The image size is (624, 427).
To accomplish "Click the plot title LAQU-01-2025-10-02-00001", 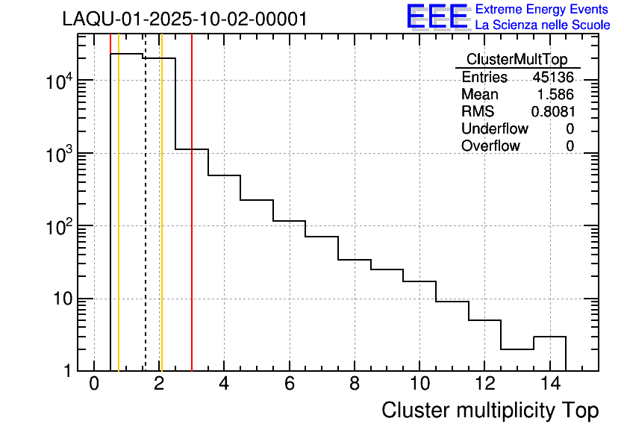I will click(184, 19).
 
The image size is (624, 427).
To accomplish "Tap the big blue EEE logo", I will click(437, 16).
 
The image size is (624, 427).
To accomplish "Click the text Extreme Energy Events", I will click(543, 9).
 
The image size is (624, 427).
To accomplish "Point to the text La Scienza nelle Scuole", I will click(543, 25).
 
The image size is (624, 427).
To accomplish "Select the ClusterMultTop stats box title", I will click(517, 60).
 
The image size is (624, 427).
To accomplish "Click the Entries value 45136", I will click(553, 78).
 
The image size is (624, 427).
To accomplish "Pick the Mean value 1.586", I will click(555, 95).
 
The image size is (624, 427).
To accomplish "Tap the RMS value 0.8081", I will click(552, 112).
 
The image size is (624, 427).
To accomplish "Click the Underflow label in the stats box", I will click(496, 129).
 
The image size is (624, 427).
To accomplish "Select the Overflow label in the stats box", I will click(490, 146).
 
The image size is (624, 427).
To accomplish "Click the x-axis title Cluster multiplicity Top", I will click(490, 410).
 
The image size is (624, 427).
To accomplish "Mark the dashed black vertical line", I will click(145, 224).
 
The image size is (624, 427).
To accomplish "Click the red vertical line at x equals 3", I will click(192, 224).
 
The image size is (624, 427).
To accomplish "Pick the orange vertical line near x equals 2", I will click(161, 224).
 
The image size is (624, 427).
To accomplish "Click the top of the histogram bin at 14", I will click(549, 337).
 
